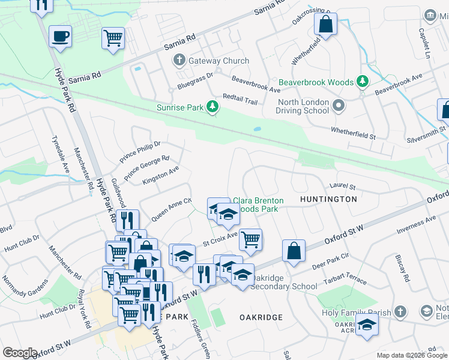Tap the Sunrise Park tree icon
click(x=212, y=107)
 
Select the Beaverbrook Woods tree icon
click(x=362, y=81)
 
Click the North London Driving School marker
click(x=339, y=106)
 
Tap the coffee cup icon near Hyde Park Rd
click(x=60, y=37)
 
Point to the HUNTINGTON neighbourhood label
click(x=328, y=199)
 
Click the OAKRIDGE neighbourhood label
click(x=261, y=316)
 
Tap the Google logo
click(x=20, y=353)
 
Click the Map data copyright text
click(x=411, y=355)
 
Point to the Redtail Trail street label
click(x=240, y=99)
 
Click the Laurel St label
click(x=343, y=186)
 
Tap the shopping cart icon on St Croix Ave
click(x=250, y=239)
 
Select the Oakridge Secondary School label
click(x=283, y=283)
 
